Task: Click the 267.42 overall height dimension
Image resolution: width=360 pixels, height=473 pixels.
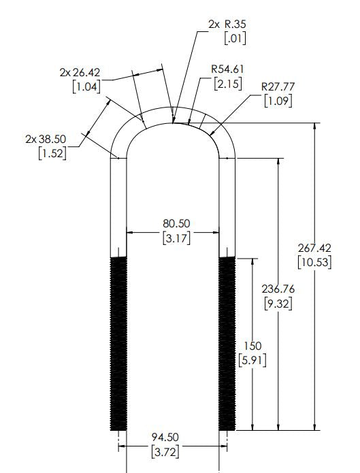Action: coord(314,247)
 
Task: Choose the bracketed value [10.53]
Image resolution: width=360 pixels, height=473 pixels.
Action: coord(314,261)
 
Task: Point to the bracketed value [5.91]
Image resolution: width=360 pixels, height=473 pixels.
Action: coord(252,360)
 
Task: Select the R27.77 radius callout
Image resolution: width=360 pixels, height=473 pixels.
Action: coord(279,86)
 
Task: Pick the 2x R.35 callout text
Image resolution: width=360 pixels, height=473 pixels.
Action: coord(227,24)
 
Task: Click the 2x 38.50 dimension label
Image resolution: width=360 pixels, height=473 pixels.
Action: coord(46,138)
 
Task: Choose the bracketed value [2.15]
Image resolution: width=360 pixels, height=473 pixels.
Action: coord(226,85)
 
